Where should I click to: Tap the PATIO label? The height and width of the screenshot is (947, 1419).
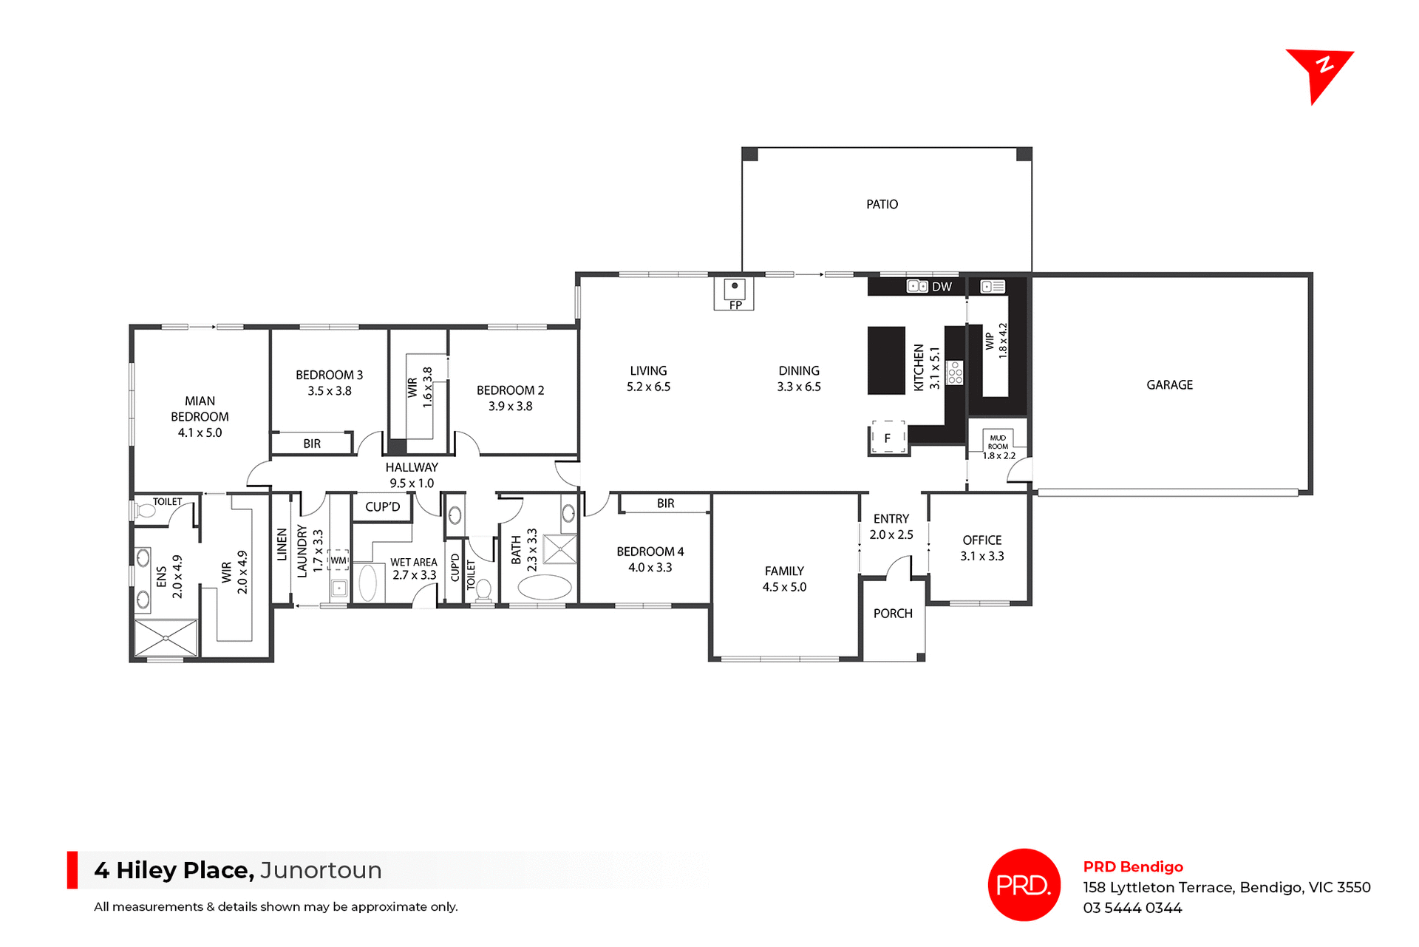(x=882, y=204)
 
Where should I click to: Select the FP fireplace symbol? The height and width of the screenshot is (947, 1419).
(x=734, y=293)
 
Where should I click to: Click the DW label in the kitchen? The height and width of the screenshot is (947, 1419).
(x=942, y=287)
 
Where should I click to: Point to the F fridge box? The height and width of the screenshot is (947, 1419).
(x=888, y=438)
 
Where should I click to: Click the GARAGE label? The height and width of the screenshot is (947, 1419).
(x=1169, y=384)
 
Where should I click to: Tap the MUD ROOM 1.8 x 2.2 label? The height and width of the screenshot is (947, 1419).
(x=998, y=447)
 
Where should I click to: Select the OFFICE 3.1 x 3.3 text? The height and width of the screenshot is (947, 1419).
(x=981, y=548)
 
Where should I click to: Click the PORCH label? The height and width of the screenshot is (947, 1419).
(x=893, y=614)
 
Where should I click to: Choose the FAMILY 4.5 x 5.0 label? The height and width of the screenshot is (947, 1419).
(x=784, y=579)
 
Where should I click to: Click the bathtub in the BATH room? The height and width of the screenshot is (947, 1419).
(x=545, y=588)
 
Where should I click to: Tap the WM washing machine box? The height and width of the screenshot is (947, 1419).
(x=338, y=560)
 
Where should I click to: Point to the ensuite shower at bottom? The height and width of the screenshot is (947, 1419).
(x=166, y=638)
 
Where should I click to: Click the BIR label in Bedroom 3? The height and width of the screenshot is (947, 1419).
(x=312, y=444)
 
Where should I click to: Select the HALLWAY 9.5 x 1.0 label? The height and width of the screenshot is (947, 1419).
(x=412, y=475)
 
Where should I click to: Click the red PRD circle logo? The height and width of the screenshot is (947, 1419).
(x=1024, y=884)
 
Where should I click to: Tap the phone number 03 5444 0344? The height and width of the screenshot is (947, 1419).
(x=1132, y=908)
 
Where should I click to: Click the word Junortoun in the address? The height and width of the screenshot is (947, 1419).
(x=321, y=870)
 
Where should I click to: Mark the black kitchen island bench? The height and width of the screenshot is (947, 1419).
(x=886, y=360)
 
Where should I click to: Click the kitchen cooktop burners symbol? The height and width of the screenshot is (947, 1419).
(x=955, y=373)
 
